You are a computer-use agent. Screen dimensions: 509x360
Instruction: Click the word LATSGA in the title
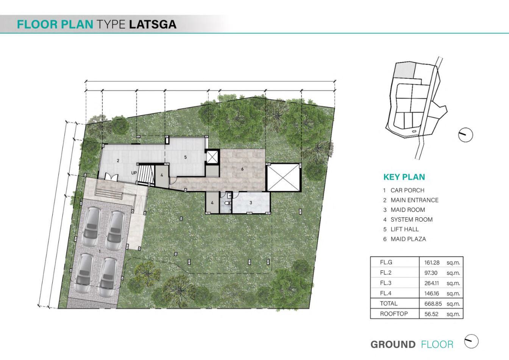tap(153, 25)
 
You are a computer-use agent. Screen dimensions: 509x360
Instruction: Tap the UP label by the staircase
tap(134, 173)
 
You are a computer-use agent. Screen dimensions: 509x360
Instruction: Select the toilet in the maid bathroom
tap(227, 203)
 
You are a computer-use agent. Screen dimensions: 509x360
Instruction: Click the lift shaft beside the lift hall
tap(212, 156)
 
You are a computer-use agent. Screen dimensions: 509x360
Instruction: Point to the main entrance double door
tap(111, 177)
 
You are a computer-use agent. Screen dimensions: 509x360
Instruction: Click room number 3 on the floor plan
tap(251, 203)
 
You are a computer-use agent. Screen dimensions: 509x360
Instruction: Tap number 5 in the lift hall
tap(186, 157)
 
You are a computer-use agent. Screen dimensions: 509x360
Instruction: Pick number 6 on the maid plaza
tap(242, 169)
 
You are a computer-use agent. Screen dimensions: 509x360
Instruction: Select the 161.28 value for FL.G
tap(432, 263)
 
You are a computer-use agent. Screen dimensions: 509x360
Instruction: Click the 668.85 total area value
tap(433, 304)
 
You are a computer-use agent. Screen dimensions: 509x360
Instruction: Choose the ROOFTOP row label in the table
tap(394, 314)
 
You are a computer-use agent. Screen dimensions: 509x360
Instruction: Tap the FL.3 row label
tap(386, 283)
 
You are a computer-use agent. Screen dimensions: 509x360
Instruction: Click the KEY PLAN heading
tap(404, 177)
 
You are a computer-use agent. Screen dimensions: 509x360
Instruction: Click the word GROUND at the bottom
tap(393, 344)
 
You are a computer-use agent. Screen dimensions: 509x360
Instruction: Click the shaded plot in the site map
tap(404, 70)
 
